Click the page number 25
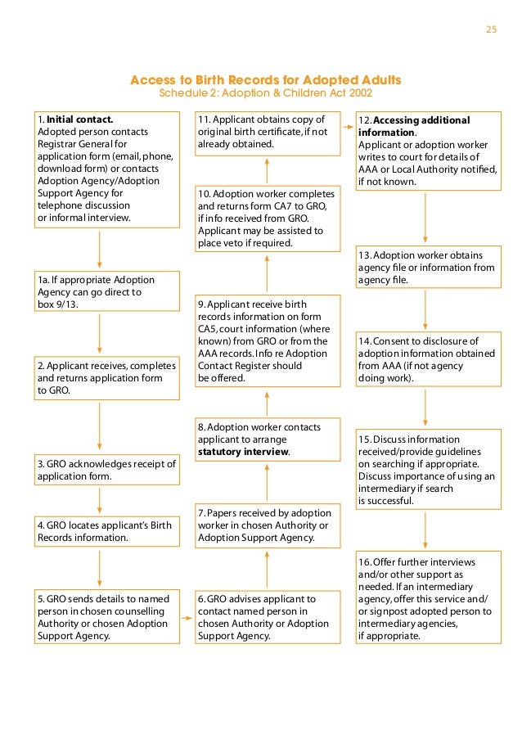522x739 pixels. [x=491, y=30]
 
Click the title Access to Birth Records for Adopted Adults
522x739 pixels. [x=266, y=80]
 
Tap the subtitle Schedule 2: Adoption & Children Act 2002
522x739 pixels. [x=266, y=93]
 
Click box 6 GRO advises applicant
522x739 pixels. [x=267, y=617]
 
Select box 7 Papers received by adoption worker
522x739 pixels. [x=267, y=525]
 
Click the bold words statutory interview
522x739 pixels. [x=243, y=452]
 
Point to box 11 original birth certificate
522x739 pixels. [x=267, y=132]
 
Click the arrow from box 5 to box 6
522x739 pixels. [x=187, y=617]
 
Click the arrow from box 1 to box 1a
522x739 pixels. [x=99, y=250]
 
